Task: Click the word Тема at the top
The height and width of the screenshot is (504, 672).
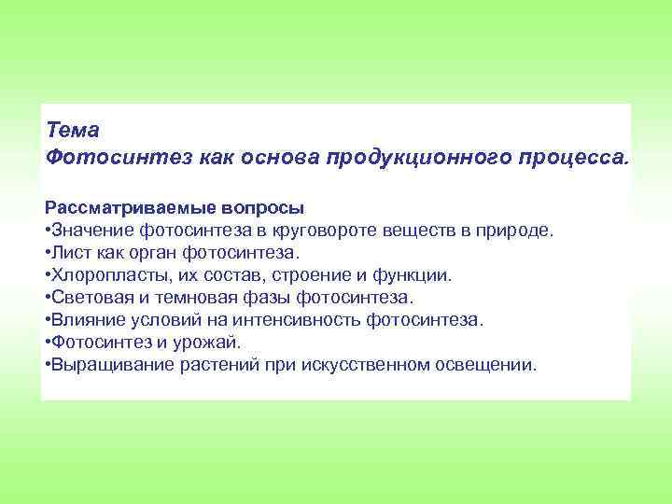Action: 72,131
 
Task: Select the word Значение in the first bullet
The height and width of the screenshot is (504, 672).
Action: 91,230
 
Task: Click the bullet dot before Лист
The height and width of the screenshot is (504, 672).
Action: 47,252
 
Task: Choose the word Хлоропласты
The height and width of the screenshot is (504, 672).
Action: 105,274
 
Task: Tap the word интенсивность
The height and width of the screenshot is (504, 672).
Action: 306,319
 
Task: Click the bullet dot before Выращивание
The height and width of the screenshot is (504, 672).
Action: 47,364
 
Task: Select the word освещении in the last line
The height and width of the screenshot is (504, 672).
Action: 488,364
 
